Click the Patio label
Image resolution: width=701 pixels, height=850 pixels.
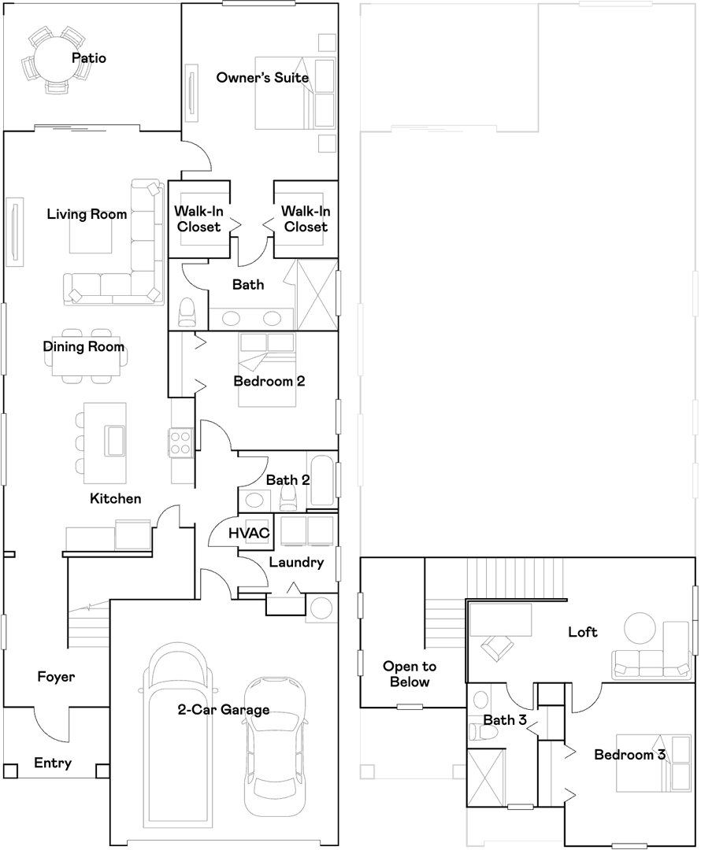point(89,58)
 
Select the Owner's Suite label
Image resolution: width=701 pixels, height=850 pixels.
point(262,77)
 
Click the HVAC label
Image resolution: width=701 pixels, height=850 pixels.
point(249,534)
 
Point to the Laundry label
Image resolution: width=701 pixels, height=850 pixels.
point(296,563)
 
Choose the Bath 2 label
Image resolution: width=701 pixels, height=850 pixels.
point(288,480)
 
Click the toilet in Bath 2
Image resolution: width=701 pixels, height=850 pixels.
point(288,497)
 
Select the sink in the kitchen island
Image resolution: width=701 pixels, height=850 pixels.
point(115,440)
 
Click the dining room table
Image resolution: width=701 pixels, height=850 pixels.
point(87,357)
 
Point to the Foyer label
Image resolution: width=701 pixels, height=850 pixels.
point(56,677)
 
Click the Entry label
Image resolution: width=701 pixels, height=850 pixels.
point(53,763)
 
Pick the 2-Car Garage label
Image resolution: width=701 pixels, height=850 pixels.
point(224,710)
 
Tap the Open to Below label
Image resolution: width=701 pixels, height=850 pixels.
point(410,674)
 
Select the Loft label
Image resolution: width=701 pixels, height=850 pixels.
point(583,632)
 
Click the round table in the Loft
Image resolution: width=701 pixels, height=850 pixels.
point(640,628)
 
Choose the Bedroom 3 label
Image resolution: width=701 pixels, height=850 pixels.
point(630,755)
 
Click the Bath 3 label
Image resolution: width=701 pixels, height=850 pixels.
point(505,720)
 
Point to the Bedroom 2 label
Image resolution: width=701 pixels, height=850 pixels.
point(269,381)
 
